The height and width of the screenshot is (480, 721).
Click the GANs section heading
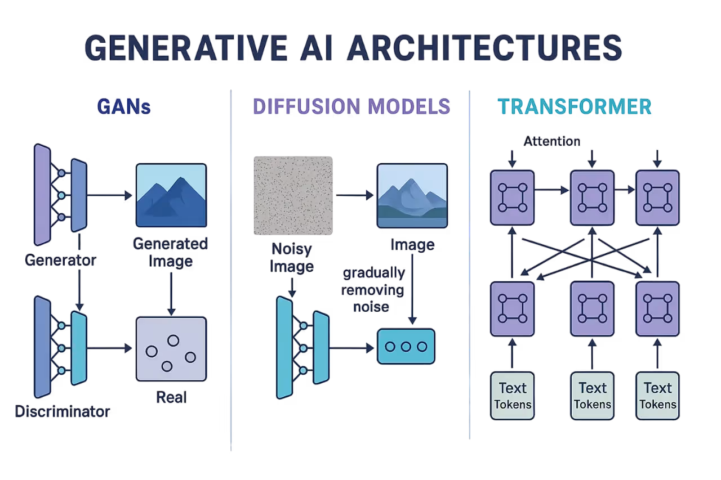[x=124, y=107]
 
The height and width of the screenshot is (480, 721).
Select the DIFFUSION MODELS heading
[x=351, y=106]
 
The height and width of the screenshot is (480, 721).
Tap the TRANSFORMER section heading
[x=575, y=107]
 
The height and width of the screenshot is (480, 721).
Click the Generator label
[x=61, y=260]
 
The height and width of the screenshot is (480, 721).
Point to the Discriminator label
[x=62, y=411]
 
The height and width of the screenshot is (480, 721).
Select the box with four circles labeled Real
[x=171, y=349]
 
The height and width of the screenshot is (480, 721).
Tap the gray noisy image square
[x=293, y=194]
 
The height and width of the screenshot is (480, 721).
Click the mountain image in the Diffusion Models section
[x=412, y=195]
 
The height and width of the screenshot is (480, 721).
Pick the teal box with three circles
[x=406, y=347]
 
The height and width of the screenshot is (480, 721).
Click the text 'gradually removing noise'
[x=373, y=290]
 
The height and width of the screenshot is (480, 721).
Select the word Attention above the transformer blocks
[x=552, y=141]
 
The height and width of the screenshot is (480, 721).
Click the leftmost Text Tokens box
[x=512, y=396]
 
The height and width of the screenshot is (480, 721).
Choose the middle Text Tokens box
[x=592, y=396]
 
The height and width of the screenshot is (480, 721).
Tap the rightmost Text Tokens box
[x=657, y=396]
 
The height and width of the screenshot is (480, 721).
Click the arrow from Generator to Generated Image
[x=111, y=195]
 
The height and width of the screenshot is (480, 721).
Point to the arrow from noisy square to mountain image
[x=355, y=195]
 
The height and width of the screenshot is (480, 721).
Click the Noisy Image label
[x=292, y=257]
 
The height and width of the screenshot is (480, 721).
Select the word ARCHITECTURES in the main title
[x=484, y=48]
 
